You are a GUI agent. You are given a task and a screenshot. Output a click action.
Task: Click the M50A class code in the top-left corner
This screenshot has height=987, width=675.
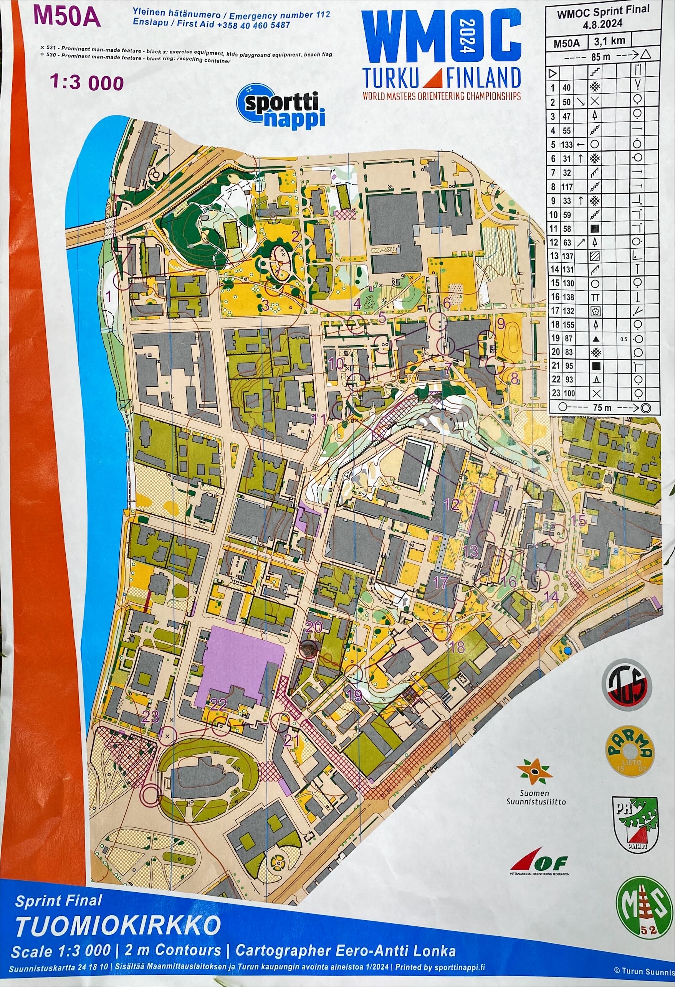point(67,17)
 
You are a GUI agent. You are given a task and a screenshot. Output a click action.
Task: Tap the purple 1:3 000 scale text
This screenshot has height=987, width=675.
point(87,82)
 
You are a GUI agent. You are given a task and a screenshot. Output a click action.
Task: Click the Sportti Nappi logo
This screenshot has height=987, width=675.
point(281,106)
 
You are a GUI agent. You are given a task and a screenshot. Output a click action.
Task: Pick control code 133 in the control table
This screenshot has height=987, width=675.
point(567,145)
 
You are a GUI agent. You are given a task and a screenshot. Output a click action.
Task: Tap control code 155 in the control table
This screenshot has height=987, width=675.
point(568,325)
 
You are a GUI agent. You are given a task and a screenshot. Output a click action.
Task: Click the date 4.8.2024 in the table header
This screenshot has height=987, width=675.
point(602,24)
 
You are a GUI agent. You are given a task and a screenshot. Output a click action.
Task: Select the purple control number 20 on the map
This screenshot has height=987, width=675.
point(314,626)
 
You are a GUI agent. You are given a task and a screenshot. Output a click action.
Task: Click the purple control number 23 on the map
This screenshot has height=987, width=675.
point(151,717)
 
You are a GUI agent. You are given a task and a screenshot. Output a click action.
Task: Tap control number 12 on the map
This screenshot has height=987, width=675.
point(452,504)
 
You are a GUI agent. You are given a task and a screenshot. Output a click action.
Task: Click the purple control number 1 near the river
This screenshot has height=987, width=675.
point(108,296)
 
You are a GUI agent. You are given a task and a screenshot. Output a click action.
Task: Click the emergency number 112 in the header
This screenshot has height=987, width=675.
point(323,15)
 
